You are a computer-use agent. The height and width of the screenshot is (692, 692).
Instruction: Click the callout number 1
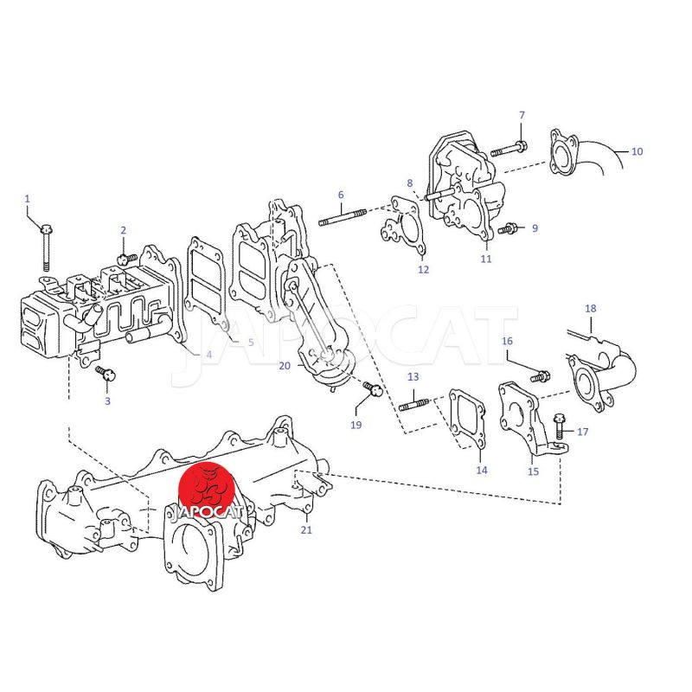[x=28, y=199]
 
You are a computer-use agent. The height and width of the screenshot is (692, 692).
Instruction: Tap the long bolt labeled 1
[x=46, y=247]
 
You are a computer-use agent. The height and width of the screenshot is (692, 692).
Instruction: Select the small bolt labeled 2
[x=127, y=258]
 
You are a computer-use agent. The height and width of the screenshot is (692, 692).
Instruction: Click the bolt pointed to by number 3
[x=106, y=374]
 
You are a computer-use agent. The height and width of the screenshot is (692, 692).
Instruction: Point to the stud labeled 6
[x=343, y=218]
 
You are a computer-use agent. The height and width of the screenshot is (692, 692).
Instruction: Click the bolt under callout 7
[x=509, y=148]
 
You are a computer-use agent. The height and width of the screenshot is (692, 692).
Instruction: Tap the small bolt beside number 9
[x=508, y=229]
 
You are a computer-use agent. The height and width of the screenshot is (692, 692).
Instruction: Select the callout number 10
[x=637, y=151]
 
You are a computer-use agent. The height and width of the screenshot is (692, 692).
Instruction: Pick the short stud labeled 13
[x=413, y=404]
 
